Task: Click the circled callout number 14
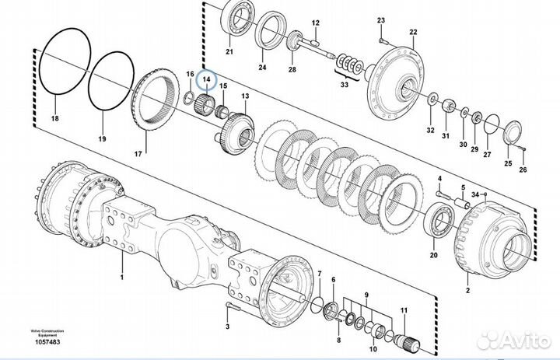207,79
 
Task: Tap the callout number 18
54,119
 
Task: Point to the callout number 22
414,33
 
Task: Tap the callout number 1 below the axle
121,275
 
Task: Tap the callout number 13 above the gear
246,97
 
